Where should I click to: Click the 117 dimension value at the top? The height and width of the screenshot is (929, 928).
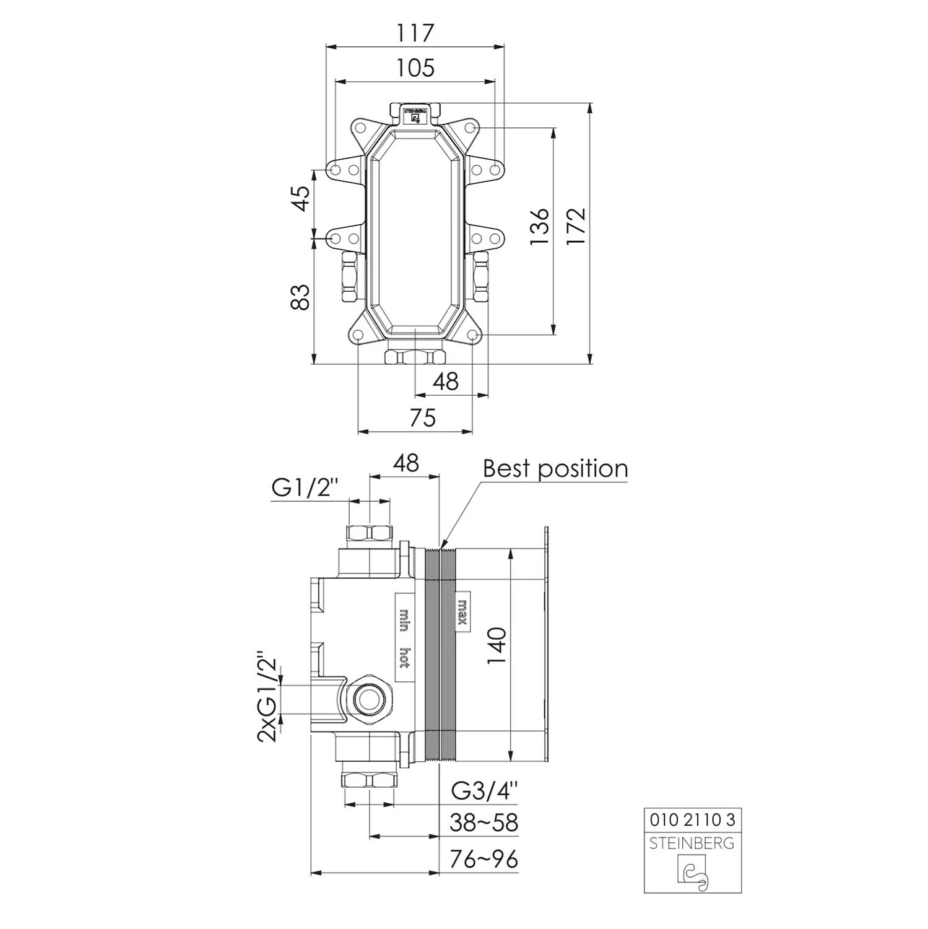pos(415,33)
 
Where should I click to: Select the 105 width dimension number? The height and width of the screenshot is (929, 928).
pos(415,68)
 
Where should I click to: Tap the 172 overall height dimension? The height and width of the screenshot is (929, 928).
pos(576,227)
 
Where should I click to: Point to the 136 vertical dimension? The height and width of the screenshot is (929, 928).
pos(540,227)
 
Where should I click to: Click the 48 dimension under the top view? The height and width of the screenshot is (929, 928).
pos(445,382)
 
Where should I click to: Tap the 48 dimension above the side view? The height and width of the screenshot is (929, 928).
pos(405,463)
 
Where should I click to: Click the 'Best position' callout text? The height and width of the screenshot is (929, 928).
pos(555,468)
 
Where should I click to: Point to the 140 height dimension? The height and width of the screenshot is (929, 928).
pos(497,645)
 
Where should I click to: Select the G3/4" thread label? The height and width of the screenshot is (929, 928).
pos(484,790)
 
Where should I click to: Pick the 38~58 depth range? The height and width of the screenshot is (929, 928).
pos(484,822)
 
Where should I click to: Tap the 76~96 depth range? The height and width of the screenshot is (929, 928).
pos(484,859)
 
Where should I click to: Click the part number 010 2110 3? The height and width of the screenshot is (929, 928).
pos(692,820)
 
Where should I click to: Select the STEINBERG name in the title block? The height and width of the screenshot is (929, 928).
pos(692,843)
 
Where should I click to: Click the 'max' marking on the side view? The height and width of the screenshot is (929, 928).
pos(462,611)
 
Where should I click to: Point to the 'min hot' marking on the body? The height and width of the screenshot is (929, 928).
pos(403,638)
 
